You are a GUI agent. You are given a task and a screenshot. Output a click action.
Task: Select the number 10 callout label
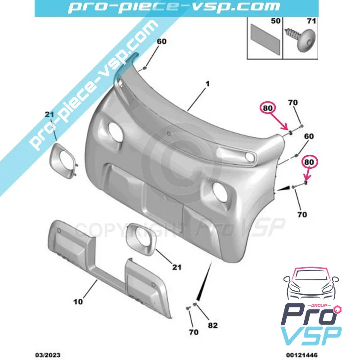[x=78, y=301]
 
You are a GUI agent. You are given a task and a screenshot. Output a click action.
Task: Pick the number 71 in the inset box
[x=311, y=21]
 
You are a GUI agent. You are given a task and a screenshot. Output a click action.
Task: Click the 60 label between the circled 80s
[x=309, y=136]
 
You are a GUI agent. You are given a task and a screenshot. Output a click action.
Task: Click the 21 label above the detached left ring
[x=50, y=116]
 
